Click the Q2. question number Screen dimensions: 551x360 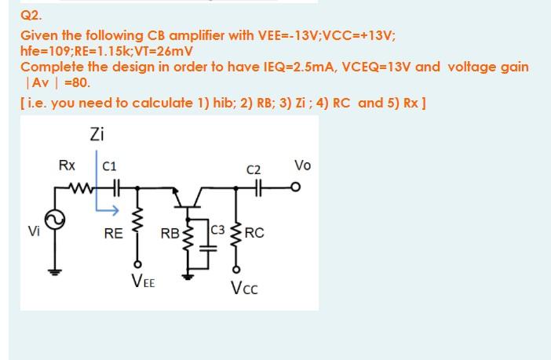click(x=30, y=14)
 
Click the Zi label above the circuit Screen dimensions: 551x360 click(x=97, y=134)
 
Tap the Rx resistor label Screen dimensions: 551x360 click(x=68, y=165)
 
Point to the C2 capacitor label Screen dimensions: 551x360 click(x=253, y=169)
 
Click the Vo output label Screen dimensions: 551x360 click(x=302, y=165)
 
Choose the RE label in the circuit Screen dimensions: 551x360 click(x=113, y=233)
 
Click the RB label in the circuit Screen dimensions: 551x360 click(x=169, y=234)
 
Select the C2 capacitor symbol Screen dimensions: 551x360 click(x=254, y=188)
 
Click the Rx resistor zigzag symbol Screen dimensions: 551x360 click(x=78, y=188)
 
